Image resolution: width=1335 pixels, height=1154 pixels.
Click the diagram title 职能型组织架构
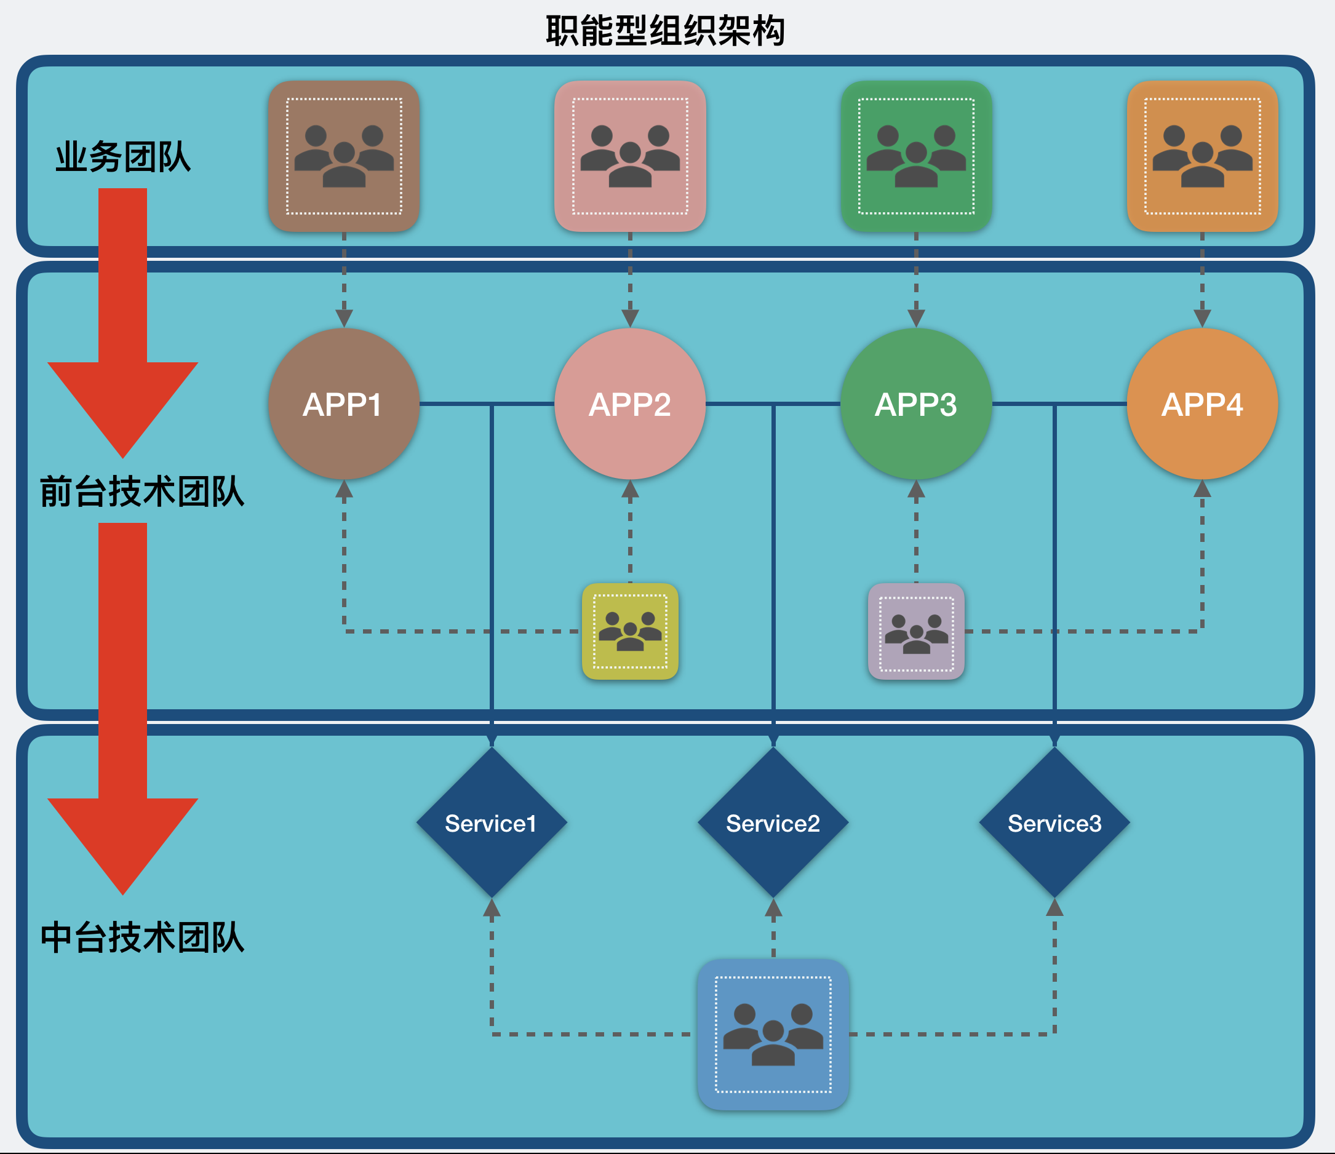point(666,30)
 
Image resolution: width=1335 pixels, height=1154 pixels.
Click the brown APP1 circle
point(344,404)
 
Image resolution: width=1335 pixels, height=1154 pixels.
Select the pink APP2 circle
point(630,404)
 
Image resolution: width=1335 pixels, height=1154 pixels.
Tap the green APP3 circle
point(916,404)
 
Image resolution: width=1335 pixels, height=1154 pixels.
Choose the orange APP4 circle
point(1202,404)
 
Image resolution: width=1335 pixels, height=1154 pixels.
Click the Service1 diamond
point(492,823)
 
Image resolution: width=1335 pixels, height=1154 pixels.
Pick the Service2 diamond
point(773,823)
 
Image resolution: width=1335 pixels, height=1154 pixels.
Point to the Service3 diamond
point(1054,823)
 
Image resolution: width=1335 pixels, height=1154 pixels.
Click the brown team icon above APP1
point(344,156)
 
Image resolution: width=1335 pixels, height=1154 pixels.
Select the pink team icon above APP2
point(630,156)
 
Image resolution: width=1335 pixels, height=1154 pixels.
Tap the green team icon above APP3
point(916,156)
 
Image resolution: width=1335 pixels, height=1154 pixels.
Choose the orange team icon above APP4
point(1202,156)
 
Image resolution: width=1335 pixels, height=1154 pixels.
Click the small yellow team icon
point(630,632)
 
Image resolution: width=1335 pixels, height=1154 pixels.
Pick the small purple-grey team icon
point(916,632)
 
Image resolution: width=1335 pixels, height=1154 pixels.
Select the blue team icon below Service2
point(773,1035)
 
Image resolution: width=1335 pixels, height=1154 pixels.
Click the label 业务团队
point(123,157)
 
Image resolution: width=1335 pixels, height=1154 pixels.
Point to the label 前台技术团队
point(142,491)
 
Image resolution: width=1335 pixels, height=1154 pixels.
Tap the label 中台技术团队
point(142,937)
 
